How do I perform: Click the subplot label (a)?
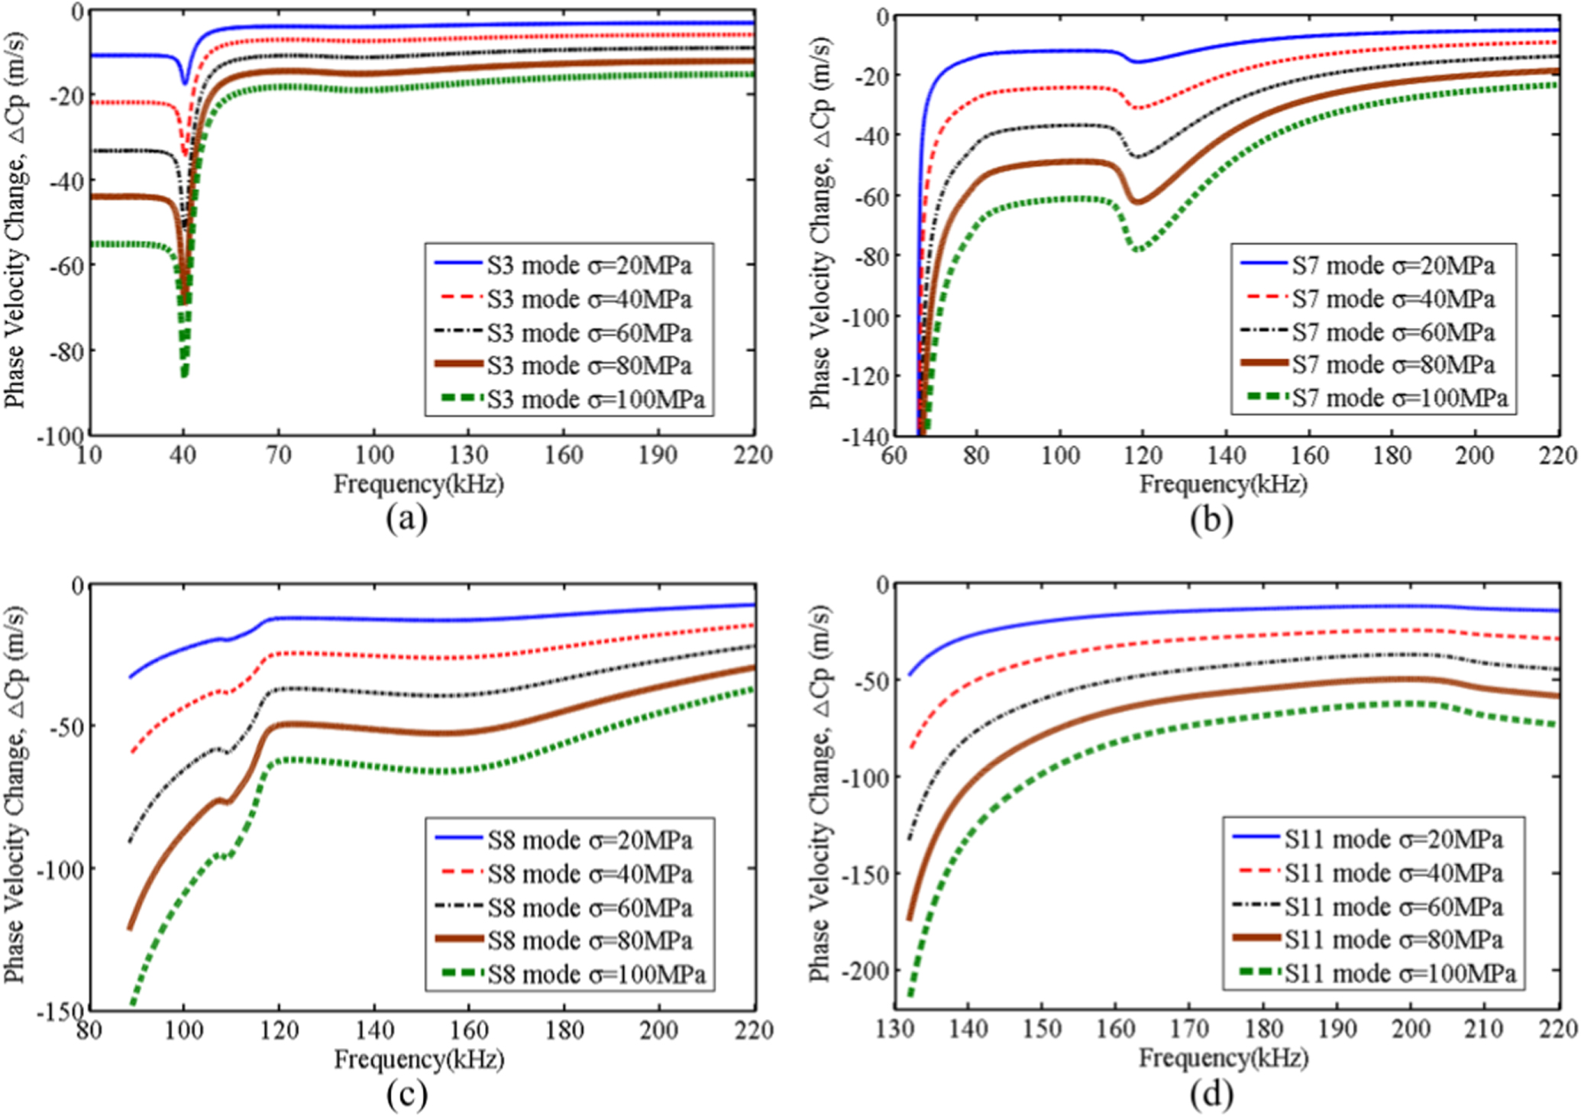(x=406, y=519)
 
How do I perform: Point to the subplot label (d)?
(x=1211, y=1095)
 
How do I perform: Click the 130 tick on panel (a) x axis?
(x=468, y=455)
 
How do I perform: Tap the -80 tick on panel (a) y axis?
(x=66, y=351)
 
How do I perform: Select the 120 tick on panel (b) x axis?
(x=1143, y=456)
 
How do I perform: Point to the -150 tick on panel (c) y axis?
(x=60, y=1011)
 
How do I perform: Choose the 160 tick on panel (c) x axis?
(x=468, y=1030)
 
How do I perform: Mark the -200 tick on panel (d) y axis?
(x=866, y=970)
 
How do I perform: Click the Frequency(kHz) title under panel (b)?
(x=1223, y=484)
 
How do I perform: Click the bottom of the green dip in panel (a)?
(x=184, y=375)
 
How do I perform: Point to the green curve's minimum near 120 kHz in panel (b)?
(x=1139, y=250)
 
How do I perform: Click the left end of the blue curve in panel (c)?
(x=131, y=677)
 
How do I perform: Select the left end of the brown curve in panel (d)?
(x=910, y=919)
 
